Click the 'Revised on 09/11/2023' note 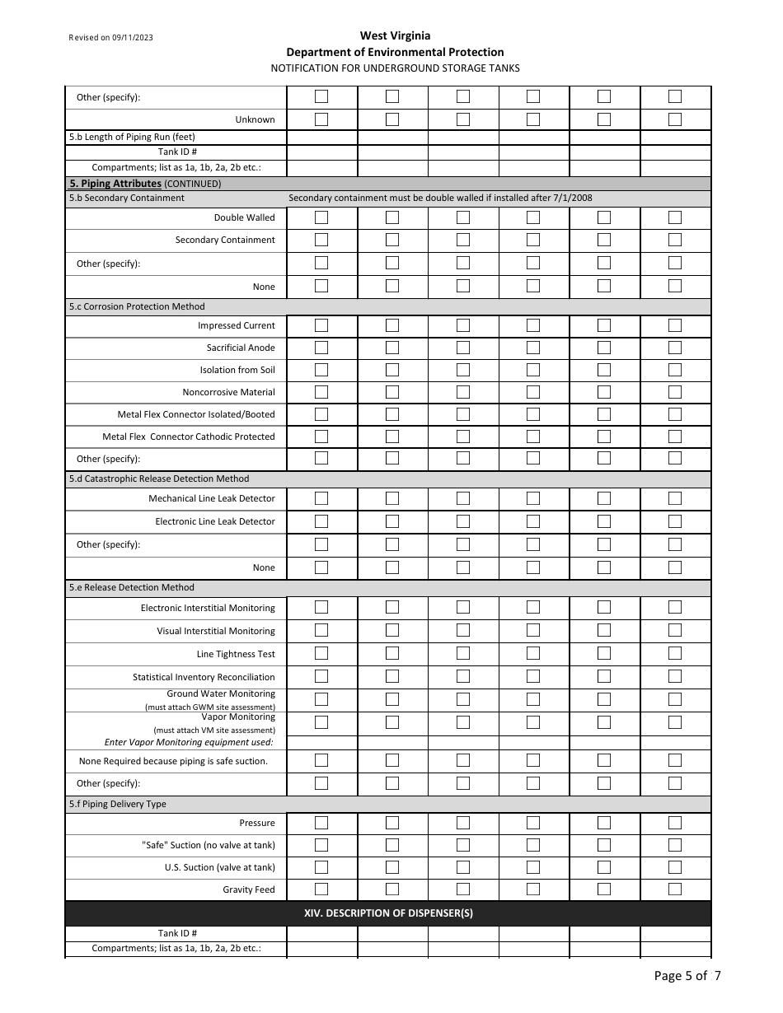(x=111, y=38)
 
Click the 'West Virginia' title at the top (x=395, y=35)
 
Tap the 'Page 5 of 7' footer (x=687, y=976)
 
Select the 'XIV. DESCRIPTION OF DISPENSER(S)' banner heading (x=388, y=913)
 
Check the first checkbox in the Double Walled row (x=321, y=217)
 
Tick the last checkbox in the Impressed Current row (x=675, y=325)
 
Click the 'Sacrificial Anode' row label (x=241, y=348)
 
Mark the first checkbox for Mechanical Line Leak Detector (x=321, y=498)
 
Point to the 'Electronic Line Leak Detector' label (x=215, y=521)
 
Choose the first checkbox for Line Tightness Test (x=321, y=653)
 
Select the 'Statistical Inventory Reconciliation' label (x=204, y=677)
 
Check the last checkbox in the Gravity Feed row (x=675, y=889)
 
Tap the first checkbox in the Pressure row (x=321, y=823)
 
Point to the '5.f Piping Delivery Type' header (x=117, y=804)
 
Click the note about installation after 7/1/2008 (x=440, y=198)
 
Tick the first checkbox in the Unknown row (x=321, y=119)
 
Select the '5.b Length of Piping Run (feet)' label (x=132, y=137)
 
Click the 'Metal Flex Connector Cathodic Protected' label (x=189, y=436)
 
